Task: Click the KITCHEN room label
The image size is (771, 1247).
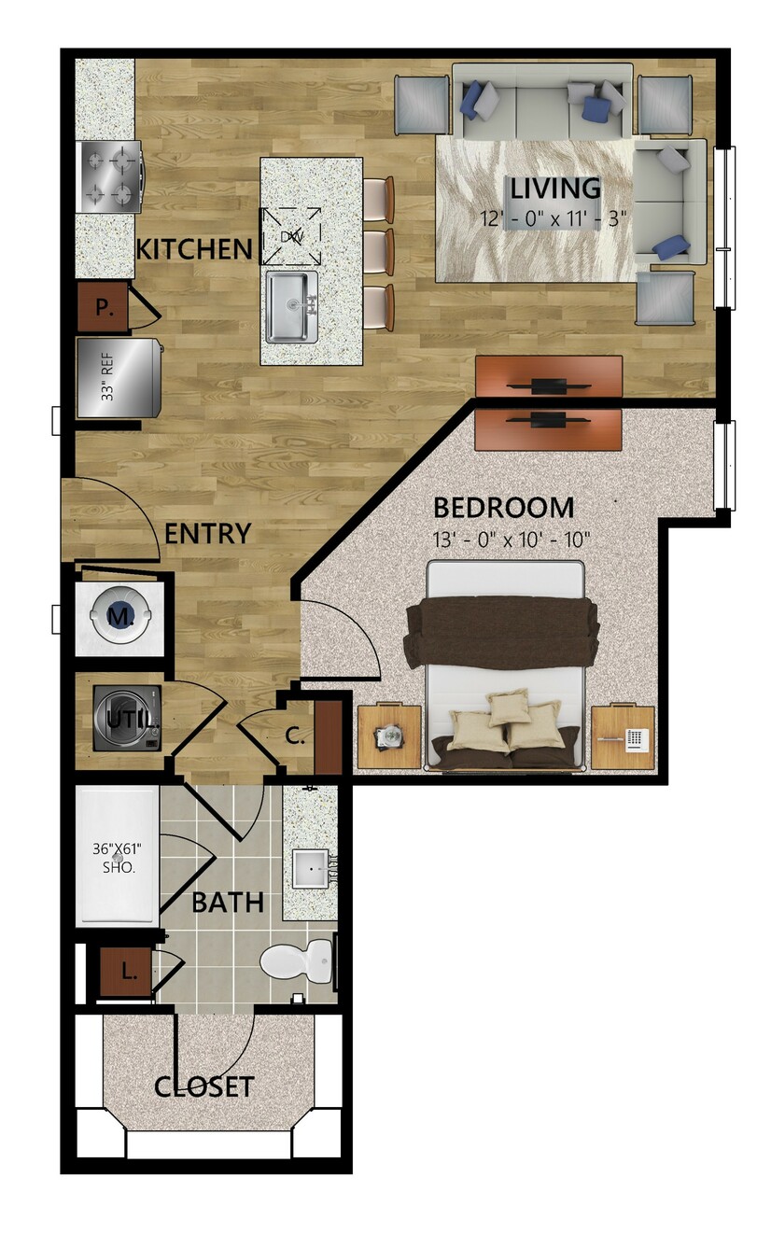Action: coord(194,249)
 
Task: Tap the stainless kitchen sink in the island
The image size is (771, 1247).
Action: coord(292,307)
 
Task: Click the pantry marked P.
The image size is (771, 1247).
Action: coord(103,307)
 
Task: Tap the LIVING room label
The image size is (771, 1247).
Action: coord(555,189)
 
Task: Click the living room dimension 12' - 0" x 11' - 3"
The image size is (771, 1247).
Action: coord(554,217)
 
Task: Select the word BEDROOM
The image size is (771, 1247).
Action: coord(503,508)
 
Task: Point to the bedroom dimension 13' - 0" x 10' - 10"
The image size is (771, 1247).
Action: coord(511,539)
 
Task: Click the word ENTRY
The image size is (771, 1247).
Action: coord(207,533)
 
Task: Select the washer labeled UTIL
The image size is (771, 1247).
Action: coord(128,719)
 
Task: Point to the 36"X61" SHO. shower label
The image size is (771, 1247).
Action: coord(117,858)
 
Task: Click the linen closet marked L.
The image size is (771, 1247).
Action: coord(126,972)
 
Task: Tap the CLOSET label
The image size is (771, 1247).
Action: coord(204,1086)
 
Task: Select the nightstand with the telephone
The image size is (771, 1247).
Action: coord(623,737)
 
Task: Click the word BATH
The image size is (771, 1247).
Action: coord(228,903)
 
